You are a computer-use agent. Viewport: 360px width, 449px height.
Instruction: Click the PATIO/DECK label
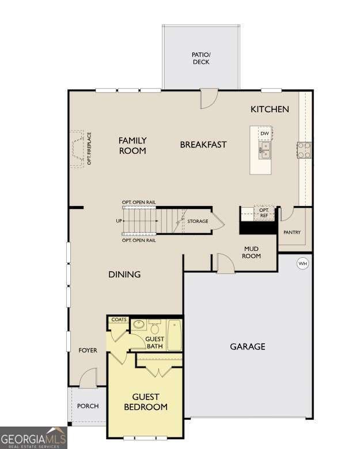coord(201,58)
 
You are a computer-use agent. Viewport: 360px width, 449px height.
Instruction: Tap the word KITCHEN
coord(270,109)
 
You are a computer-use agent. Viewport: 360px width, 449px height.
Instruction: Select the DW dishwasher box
coord(264,134)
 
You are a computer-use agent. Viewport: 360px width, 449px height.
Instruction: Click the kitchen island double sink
coord(264,151)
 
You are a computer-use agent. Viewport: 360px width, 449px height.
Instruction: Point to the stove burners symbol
coord(304,150)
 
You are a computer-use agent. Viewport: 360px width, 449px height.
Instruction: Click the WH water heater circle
coord(302,264)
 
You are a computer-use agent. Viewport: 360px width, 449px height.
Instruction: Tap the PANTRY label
coord(293,233)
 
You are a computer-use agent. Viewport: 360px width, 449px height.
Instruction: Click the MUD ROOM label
coord(252,252)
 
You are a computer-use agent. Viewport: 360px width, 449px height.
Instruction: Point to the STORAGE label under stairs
coord(198,221)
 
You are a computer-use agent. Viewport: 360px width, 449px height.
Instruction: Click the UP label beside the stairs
coord(119,221)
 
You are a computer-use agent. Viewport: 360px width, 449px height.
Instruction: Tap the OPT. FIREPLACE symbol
coord(79,149)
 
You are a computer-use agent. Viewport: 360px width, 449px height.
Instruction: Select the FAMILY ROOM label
coord(132,145)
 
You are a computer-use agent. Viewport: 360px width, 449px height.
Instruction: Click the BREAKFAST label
coord(203,145)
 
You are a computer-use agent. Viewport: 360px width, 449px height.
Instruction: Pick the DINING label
coord(124,275)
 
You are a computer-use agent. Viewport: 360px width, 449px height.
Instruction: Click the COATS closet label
coord(119,319)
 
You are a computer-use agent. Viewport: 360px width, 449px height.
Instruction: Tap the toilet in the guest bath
coord(154,326)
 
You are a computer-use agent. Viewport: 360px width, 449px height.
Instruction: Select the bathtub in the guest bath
coord(175,336)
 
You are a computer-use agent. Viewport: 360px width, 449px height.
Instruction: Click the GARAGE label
coord(248,347)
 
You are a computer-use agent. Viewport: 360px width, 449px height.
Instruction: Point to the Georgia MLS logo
coord(33,437)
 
